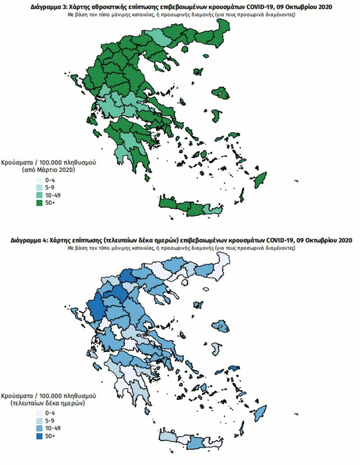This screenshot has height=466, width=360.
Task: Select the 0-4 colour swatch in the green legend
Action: (x=39, y=180)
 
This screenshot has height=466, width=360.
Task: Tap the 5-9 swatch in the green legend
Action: (x=39, y=188)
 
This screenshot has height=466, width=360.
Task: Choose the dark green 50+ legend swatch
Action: (x=39, y=203)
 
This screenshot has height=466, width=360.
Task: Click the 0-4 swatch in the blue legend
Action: (x=39, y=413)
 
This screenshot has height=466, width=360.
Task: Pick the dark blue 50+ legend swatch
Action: (x=39, y=436)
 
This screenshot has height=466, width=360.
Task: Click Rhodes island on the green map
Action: (x=259, y=182)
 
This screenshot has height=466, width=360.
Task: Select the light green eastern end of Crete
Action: (x=210, y=209)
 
